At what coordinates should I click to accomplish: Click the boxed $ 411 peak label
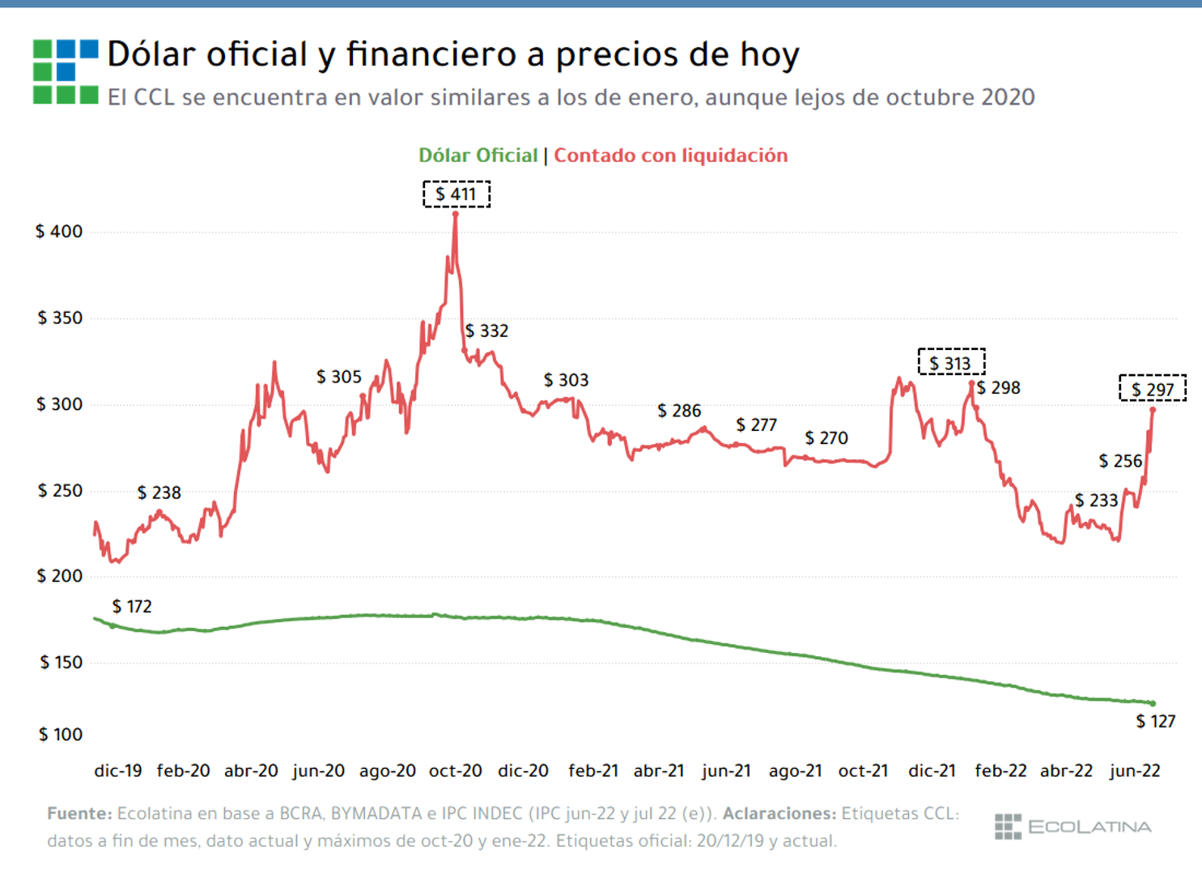click(457, 194)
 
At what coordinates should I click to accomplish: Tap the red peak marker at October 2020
click(456, 214)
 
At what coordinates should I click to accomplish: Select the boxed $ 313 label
click(951, 363)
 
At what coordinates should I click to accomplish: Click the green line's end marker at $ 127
click(1153, 703)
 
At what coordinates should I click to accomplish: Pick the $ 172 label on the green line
click(132, 607)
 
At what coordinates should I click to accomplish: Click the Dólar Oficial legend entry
click(478, 156)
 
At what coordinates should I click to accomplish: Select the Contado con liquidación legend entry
click(670, 156)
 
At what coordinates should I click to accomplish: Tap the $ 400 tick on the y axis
click(59, 232)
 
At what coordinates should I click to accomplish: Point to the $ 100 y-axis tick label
click(61, 735)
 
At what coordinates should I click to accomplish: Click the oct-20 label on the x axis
click(455, 771)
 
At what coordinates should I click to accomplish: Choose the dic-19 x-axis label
click(118, 771)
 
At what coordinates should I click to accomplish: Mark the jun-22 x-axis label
click(1135, 771)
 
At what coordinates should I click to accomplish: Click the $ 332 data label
click(486, 331)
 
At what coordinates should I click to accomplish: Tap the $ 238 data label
click(159, 493)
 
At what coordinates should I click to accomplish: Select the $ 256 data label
click(1120, 462)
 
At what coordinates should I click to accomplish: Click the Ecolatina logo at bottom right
click(1072, 827)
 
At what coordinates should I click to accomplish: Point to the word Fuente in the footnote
click(79, 813)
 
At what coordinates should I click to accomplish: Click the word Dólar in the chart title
click(151, 55)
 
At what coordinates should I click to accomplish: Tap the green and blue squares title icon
click(66, 71)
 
